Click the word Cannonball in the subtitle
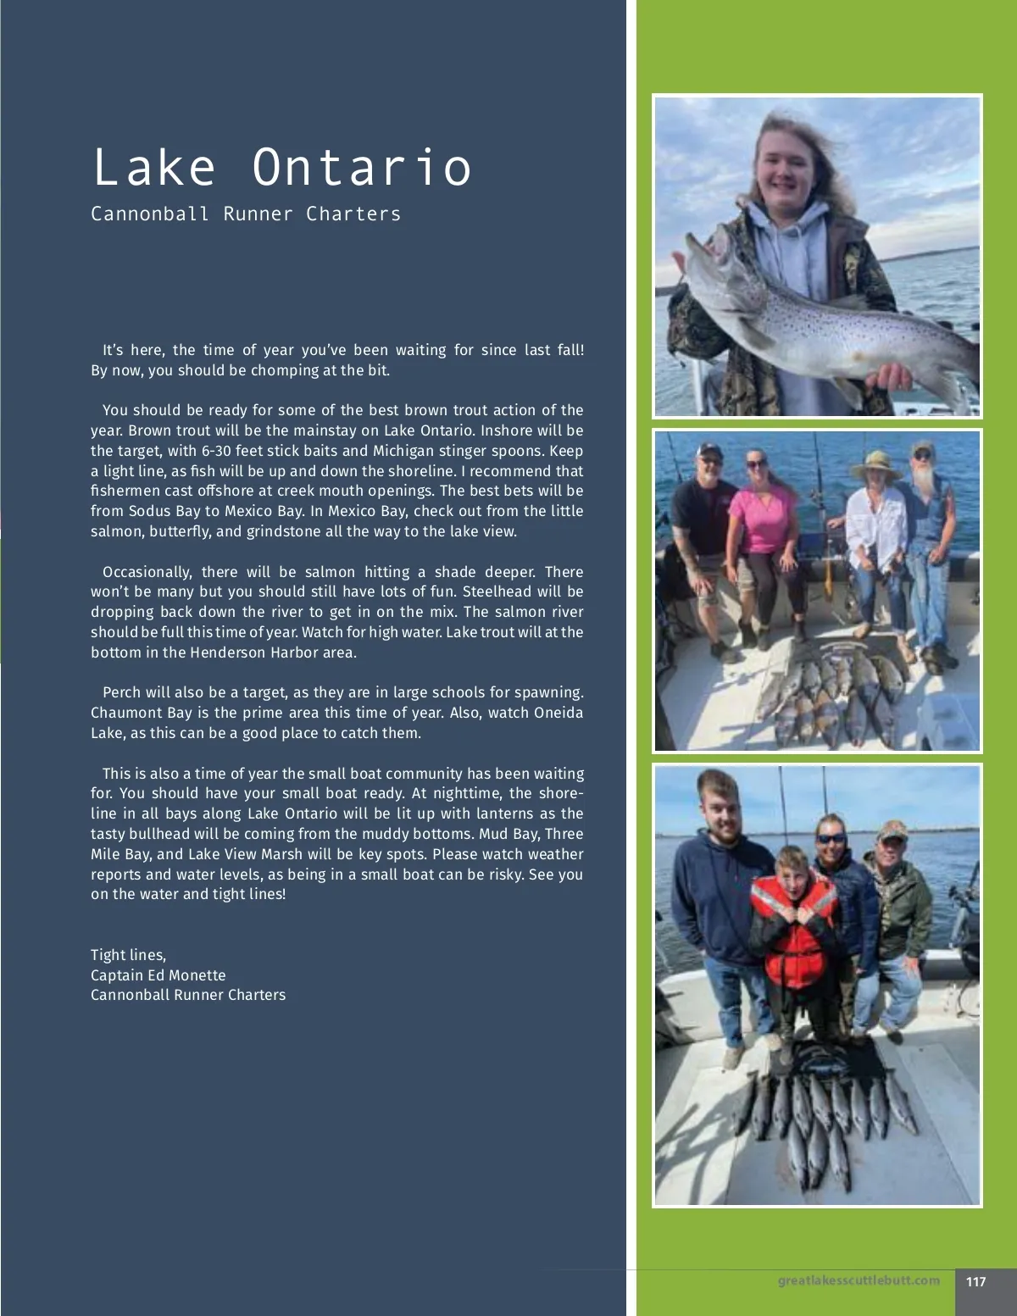150,214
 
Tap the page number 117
975,1281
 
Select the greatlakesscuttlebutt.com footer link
859,1280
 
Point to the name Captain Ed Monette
158,975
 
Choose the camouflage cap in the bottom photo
892,829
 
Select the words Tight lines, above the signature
128,955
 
